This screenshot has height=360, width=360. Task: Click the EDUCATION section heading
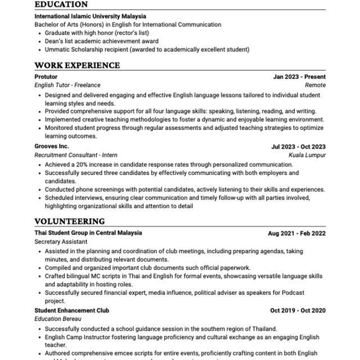pyautogui.click(x=61, y=4)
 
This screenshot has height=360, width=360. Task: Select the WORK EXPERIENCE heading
pyautogui.click(x=77, y=65)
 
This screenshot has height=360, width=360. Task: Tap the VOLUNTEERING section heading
pyautogui.click(x=69, y=221)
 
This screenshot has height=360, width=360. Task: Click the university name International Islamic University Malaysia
pyautogui.click(x=90, y=16)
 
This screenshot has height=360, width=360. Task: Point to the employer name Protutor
pyautogui.click(x=46, y=76)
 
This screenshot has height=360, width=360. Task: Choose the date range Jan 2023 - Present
pyautogui.click(x=299, y=76)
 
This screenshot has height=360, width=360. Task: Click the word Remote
pyautogui.click(x=315, y=85)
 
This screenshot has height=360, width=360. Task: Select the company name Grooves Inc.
pyautogui.click(x=52, y=146)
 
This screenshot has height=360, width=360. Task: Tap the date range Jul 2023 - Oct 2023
pyautogui.click(x=298, y=147)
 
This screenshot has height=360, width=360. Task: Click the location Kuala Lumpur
pyautogui.click(x=307, y=155)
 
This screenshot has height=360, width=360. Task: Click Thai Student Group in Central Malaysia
pyautogui.click(x=88, y=232)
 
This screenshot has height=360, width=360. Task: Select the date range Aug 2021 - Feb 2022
pyautogui.click(x=296, y=233)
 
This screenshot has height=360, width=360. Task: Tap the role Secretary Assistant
pyautogui.click(x=61, y=241)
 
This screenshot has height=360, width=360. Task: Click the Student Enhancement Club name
pyautogui.click(x=71, y=310)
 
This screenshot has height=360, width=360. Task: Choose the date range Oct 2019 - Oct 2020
pyautogui.click(x=298, y=310)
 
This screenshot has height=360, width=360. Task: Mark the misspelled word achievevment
pyautogui.click(x=126, y=41)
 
